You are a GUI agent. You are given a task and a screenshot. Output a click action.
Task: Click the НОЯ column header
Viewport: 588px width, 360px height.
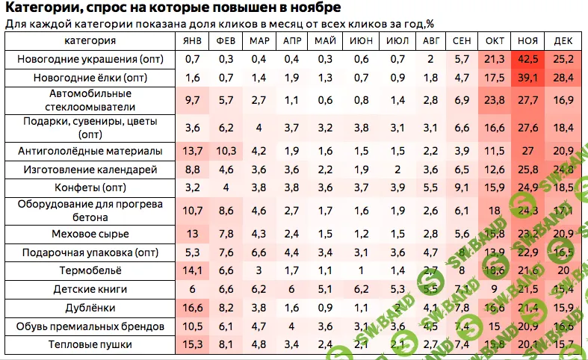528,40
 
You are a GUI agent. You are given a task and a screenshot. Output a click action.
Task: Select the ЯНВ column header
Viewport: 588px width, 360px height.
193,40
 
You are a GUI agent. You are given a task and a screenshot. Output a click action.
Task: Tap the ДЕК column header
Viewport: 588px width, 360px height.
563,40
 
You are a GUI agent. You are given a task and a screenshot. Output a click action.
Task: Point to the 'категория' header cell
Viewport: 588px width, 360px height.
90,40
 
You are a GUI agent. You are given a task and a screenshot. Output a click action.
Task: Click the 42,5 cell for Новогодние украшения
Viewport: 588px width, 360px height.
528,58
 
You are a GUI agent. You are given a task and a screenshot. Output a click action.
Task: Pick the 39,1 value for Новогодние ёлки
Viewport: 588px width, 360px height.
528,77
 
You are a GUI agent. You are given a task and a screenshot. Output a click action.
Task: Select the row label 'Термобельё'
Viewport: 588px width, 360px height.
90,270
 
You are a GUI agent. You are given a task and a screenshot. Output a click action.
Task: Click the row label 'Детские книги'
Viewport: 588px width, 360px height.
90,289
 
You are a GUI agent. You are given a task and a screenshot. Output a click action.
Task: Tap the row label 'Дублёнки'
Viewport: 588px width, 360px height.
90,308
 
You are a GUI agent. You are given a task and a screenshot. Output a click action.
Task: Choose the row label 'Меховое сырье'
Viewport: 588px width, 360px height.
90,233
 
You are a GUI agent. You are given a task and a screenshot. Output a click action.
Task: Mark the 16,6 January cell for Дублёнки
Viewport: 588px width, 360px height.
193,308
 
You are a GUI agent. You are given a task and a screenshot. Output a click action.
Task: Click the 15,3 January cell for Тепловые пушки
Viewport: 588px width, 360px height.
193,344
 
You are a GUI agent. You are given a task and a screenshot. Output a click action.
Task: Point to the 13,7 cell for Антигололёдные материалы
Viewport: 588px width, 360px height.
193,150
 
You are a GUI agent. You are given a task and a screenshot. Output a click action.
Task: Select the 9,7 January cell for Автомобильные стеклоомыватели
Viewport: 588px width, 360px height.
193,99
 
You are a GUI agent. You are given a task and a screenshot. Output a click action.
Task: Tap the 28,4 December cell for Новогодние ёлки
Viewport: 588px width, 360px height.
563,77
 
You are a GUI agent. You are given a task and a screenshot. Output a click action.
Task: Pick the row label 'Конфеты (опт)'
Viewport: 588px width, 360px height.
90,187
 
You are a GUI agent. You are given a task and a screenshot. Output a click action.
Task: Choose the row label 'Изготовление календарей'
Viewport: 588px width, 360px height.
90,169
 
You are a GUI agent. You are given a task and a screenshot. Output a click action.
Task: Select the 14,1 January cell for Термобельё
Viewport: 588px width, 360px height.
193,270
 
